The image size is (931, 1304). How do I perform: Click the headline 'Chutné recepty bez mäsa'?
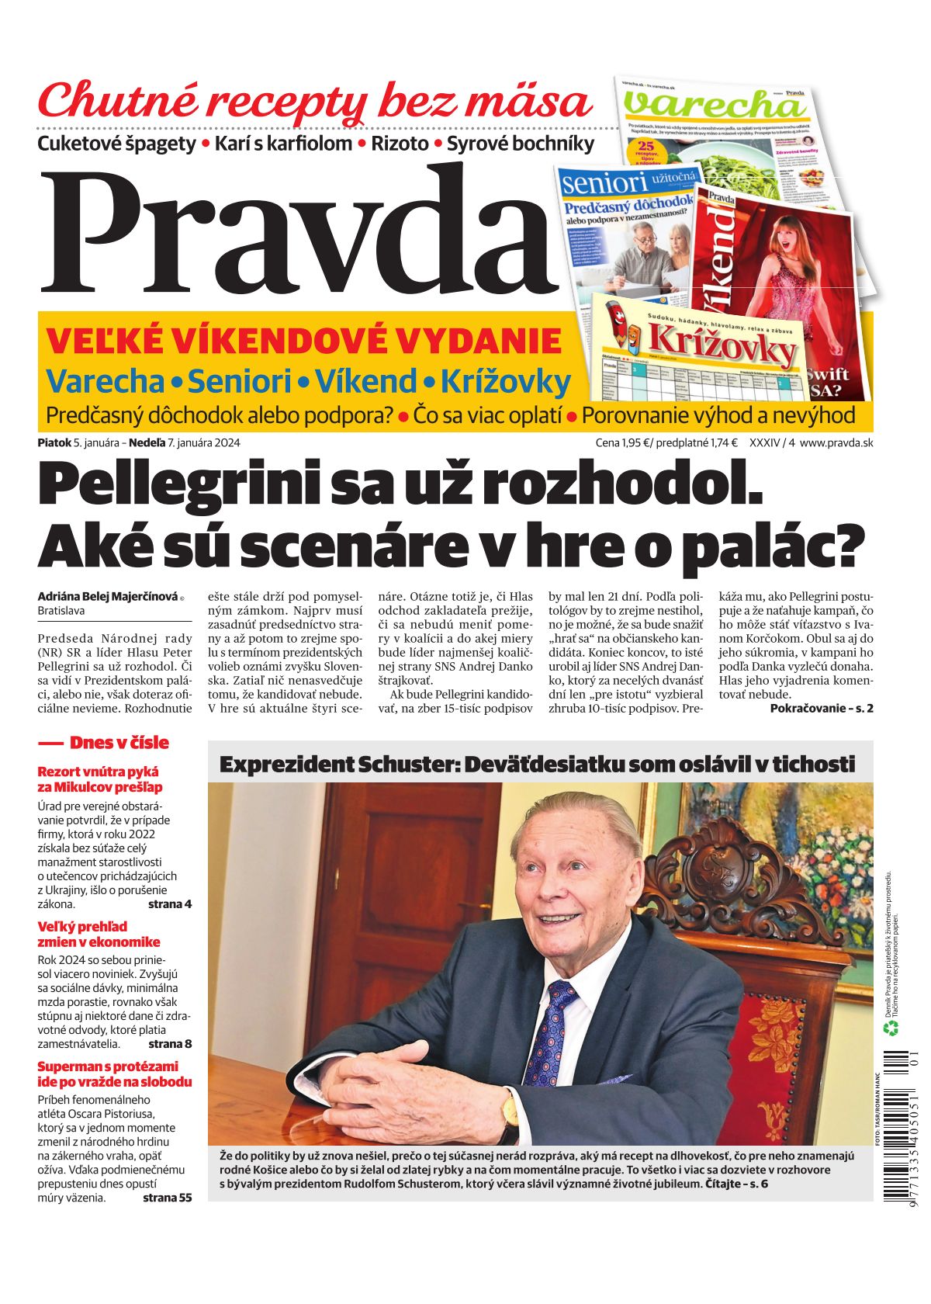(314, 101)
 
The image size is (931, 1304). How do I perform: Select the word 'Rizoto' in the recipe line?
(400, 144)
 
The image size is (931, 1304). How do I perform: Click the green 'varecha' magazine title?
(714, 105)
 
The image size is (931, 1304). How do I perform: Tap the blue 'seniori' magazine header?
(605, 183)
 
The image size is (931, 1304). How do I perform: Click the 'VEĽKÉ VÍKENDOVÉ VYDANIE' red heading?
(304, 342)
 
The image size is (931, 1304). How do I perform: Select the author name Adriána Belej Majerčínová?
(108, 597)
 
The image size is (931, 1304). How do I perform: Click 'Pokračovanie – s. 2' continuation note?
(821, 708)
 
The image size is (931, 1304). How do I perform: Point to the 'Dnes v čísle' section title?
(118, 743)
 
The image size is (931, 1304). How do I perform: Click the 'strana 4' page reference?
(169, 904)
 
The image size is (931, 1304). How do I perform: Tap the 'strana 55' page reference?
(167, 1198)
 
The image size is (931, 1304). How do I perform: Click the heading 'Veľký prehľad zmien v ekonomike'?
(99, 935)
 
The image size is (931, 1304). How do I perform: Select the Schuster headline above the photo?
(537, 765)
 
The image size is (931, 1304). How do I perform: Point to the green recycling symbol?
(891, 1028)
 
